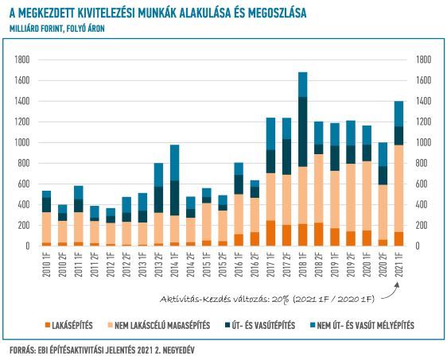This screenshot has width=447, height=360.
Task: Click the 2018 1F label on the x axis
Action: tap(303, 265)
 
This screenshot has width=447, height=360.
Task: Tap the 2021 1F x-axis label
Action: tap(399, 265)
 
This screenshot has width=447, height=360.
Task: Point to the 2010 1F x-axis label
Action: tap(46, 265)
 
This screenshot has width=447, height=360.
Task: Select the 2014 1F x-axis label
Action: tap(175, 265)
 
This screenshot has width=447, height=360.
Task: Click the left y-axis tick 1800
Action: tap(22, 60)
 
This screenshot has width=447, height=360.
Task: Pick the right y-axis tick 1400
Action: tap(424, 101)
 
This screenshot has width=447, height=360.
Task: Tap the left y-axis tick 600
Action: tap(24, 184)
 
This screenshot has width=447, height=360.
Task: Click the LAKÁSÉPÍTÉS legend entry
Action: tap(68, 325)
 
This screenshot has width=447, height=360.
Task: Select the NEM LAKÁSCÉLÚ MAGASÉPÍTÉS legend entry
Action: tap(159, 325)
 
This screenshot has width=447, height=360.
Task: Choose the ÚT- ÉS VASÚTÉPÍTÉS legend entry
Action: tap(260, 325)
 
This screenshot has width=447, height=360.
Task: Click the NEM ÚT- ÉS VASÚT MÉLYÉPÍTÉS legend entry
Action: tap(362, 325)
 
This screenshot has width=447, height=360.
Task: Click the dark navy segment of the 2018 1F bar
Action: tap(303, 132)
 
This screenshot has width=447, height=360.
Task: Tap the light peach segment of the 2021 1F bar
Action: tap(399, 188)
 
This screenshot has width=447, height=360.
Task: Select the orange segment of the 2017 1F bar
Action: tap(270, 233)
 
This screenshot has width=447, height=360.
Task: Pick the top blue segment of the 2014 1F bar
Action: tap(175, 163)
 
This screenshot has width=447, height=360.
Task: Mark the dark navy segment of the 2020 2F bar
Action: tap(383, 176)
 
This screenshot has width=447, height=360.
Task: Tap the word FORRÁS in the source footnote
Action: tap(22, 350)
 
